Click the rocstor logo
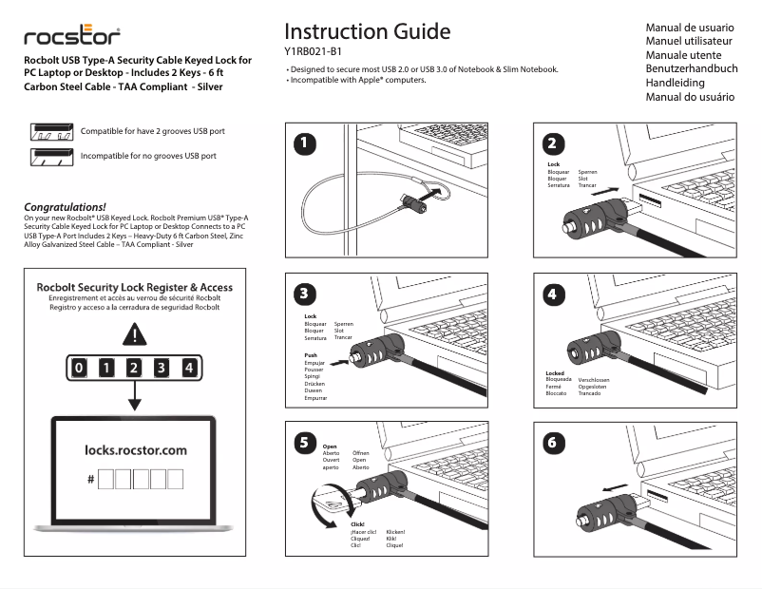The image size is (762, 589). [72, 37]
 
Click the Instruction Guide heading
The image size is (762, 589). [367, 31]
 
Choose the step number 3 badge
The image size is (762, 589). [303, 293]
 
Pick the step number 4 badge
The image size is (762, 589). [554, 293]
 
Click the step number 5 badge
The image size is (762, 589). [303, 442]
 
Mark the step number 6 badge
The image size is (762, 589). [554, 442]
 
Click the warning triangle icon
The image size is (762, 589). [134, 335]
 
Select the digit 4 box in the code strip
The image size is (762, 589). [190, 368]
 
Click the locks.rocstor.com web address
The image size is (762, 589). [135, 449]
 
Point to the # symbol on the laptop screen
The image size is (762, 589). [90, 480]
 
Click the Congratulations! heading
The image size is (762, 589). [65, 206]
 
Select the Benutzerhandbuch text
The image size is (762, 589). [691, 69]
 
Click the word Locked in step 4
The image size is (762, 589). [556, 373]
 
